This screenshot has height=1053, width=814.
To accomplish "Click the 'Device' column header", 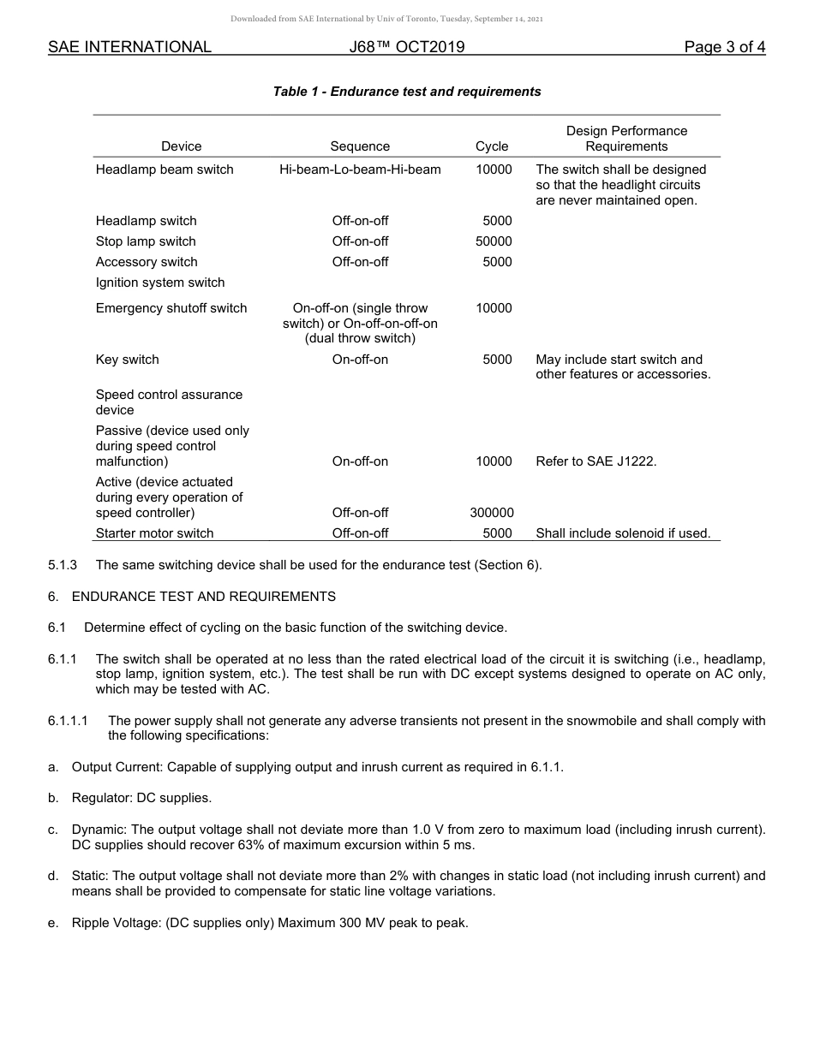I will click(181, 146).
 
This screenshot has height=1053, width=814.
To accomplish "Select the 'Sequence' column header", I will click(360, 146).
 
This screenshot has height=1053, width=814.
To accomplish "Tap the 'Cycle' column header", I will click(492, 146).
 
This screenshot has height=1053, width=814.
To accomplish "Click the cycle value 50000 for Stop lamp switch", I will click(494, 241).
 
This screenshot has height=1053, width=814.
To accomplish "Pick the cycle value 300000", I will click(492, 513).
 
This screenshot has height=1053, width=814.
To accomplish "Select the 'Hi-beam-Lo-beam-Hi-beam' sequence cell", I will click(360, 170).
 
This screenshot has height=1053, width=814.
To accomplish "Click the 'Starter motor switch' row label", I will click(155, 533).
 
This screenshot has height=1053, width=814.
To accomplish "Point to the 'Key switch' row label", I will click(127, 360).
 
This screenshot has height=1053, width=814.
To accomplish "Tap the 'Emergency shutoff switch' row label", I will click(171, 308).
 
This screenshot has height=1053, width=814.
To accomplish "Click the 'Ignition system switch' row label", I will click(160, 283).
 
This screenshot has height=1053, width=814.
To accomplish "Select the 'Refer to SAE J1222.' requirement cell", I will click(596, 461).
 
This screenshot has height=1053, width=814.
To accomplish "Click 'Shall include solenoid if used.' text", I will click(623, 533).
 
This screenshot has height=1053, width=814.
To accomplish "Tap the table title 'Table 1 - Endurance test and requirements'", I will click(407, 92).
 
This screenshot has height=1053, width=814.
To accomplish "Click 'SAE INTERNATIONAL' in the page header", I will click(129, 47).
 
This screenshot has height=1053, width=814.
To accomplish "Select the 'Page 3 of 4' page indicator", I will click(724, 47).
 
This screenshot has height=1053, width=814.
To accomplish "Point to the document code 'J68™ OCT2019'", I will click(407, 47).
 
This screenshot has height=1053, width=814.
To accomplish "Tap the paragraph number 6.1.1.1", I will click(68, 721).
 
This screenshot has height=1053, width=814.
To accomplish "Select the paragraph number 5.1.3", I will click(63, 565).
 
